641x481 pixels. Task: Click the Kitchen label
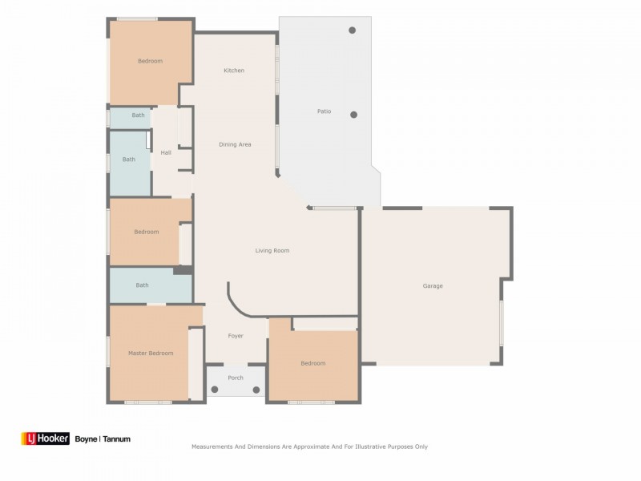point(234,71)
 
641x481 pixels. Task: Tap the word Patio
point(324,111)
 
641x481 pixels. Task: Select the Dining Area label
point(236,144)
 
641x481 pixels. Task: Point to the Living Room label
point(272,251)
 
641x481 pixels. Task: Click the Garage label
point(433,286)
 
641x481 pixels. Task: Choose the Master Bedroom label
point(151,353)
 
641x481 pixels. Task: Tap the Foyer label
point(236,336)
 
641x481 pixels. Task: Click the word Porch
point(236,378)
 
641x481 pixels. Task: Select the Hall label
point(166,152)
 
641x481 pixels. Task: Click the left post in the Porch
point(215,390)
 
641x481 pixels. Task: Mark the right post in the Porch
point(256,390)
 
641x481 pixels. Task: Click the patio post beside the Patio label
point(353,115)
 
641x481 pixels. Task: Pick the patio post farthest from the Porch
point(352,30)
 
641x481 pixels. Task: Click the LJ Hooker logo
point(45,439)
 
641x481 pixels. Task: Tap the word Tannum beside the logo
point(116,439)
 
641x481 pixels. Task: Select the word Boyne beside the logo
point(86,439)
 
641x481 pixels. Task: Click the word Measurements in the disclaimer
point(212,447)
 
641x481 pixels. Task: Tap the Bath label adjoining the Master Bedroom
point(142,285)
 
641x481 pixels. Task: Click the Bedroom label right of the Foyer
point(312,363)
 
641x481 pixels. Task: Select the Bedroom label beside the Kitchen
point(150,61)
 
